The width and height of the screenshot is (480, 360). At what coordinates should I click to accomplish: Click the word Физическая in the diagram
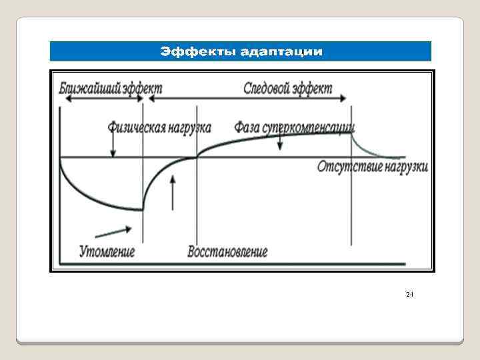(135, 126)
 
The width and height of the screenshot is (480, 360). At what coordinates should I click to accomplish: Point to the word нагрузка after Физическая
(189, 126)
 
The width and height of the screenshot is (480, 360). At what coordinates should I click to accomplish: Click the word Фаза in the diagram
(247, 126)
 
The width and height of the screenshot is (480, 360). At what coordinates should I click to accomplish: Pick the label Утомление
(107, 251)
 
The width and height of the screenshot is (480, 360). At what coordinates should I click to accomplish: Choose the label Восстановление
(228, 251)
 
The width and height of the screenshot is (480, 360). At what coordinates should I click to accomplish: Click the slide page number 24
(409, 294)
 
